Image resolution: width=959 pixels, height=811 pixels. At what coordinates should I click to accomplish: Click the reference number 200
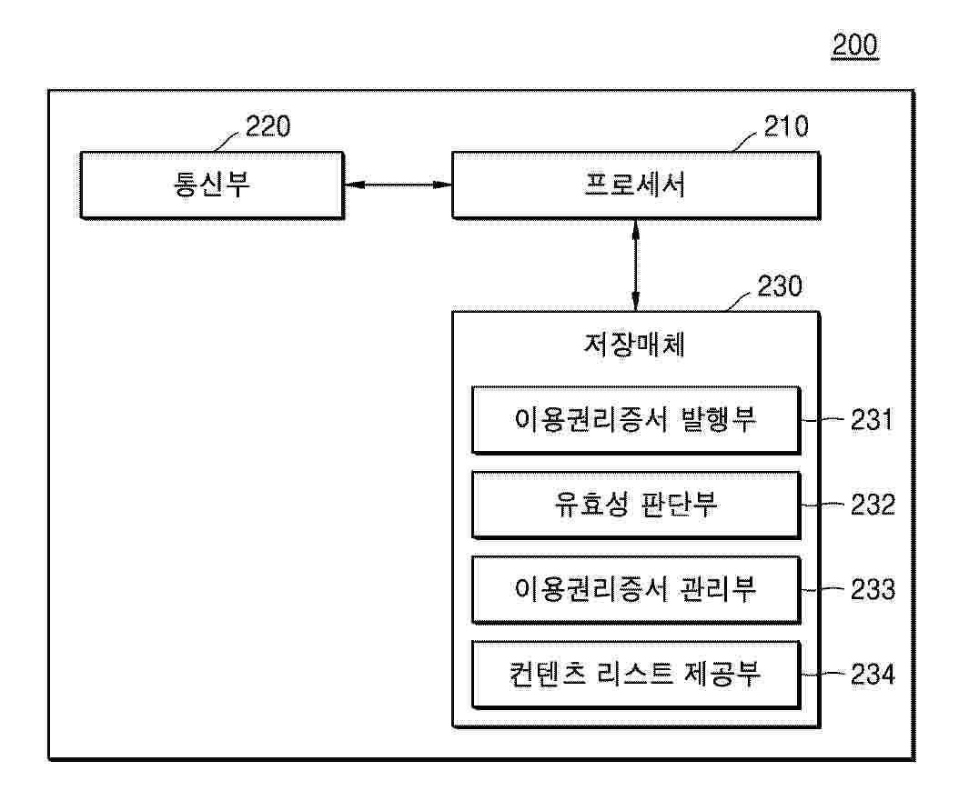854,45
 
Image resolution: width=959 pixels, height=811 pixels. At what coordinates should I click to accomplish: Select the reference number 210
784,126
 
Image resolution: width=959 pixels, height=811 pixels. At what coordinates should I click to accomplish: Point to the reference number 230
779,287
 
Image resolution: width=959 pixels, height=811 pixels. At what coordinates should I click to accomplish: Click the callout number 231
872,420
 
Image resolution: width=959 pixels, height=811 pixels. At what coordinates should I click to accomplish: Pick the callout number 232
872,505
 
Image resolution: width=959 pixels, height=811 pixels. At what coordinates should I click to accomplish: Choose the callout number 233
872,590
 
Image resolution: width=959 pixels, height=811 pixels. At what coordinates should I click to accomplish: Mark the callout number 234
872,675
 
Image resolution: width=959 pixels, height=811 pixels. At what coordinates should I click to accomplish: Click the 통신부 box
211,185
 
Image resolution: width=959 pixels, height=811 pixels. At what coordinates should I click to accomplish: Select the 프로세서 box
635,185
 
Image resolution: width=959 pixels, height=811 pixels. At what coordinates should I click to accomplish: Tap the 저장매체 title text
635,346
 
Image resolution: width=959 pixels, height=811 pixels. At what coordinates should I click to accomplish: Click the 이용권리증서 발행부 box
635,420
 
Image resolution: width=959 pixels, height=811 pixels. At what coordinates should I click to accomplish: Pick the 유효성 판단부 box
635,505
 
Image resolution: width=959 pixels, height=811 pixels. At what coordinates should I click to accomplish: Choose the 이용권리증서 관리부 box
635,590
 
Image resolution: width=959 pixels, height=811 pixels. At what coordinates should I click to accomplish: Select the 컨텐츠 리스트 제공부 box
635,675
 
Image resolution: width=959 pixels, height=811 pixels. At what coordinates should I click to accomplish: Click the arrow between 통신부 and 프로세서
398,185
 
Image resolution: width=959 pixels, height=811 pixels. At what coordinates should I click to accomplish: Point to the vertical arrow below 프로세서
635,265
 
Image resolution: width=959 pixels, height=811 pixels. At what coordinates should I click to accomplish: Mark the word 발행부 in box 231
718,420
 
